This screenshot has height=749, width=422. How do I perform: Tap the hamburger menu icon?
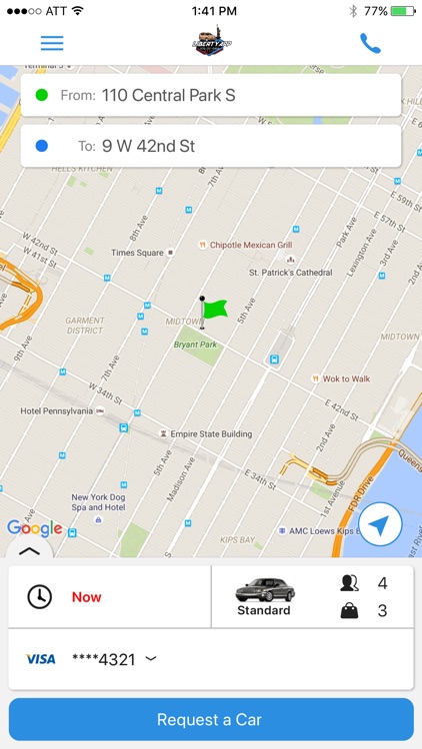pos(52,43)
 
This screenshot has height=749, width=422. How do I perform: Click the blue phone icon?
pos(370,43)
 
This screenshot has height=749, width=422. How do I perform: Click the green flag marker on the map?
pos(212,310)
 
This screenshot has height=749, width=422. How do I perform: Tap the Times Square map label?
pos(137,253)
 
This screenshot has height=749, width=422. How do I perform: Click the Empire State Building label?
pos(212,433)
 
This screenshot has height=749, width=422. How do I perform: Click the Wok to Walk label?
pos(345,378)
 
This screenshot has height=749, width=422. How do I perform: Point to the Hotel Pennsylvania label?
pos(56,410)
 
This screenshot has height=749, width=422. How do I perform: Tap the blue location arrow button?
pos(380,523)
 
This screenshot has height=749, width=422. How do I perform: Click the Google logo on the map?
pos(34,528)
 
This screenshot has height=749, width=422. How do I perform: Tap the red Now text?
pos(87,597)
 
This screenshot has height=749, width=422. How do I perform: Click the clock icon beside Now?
pos(39,596)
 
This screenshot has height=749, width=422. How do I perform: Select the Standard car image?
pos(264,589)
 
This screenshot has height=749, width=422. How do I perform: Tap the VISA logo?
pos(40,659)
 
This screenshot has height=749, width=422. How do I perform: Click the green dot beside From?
pos(41,95)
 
